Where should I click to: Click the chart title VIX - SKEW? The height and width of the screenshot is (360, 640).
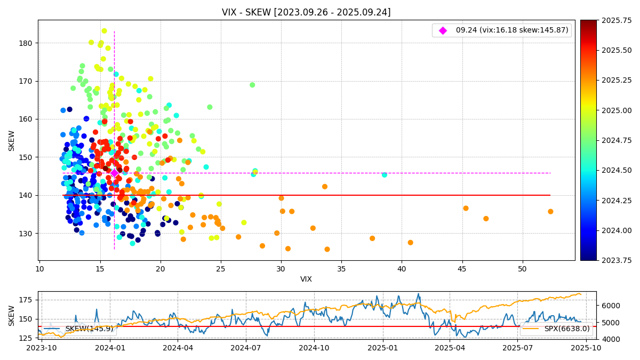pyautogui.click(x=306, y=12)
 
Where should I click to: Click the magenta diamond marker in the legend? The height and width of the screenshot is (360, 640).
pyautogui.click(x=443, y=30)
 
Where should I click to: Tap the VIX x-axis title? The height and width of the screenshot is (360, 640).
pyautogui.click(x=306, y=279)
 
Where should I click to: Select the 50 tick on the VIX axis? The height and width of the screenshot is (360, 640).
pyautogui.click(x=523, y=269)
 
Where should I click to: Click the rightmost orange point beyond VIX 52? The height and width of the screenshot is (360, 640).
pyautogui.click(x=550, y=212)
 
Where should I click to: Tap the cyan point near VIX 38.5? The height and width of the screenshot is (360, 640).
pyautogui.click(x=385, y=175)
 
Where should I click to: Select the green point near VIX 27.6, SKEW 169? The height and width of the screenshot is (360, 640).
pyautogui.click(x=252, y=85)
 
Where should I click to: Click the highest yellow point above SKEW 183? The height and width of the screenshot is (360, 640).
pyautogui.click(x=104, y=31)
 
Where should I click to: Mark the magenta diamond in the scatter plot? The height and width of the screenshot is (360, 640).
pyautogui.click(x=114, y=173)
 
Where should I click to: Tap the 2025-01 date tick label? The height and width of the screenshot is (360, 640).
pyautogui.click(x=382, y=348)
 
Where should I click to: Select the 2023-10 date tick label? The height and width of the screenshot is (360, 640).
pyautogui.click(x=42, y=348)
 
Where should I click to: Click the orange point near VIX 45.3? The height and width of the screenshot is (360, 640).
pyautogui.click(x=466, y=208)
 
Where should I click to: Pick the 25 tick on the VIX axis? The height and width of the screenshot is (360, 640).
pyautogui.click(x=221, y=269)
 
